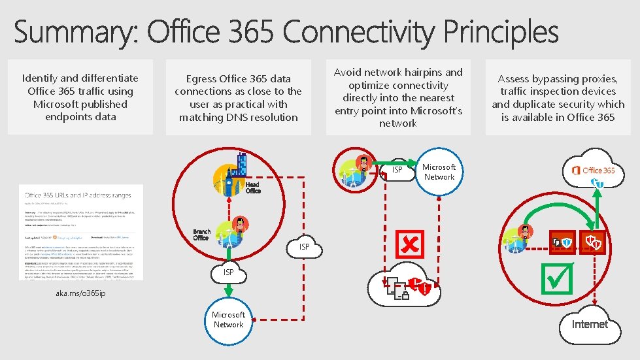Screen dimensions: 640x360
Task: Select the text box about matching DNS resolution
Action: pos(238,98)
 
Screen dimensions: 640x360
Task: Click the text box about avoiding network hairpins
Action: pos(398,97)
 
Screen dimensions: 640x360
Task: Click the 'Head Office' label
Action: pos(253,188)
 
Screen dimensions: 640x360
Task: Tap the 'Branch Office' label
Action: pos(201,235)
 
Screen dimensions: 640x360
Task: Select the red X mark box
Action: pos(410,244)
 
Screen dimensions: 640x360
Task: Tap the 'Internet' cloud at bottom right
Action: pos(590,324)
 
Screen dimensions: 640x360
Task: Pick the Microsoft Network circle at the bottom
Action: pos(228,319)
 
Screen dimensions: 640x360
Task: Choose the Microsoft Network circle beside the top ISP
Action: pos(439,172)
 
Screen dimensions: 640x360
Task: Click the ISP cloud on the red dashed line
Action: pos(304,247)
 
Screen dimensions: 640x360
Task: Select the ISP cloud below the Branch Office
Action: pos(228,271)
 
